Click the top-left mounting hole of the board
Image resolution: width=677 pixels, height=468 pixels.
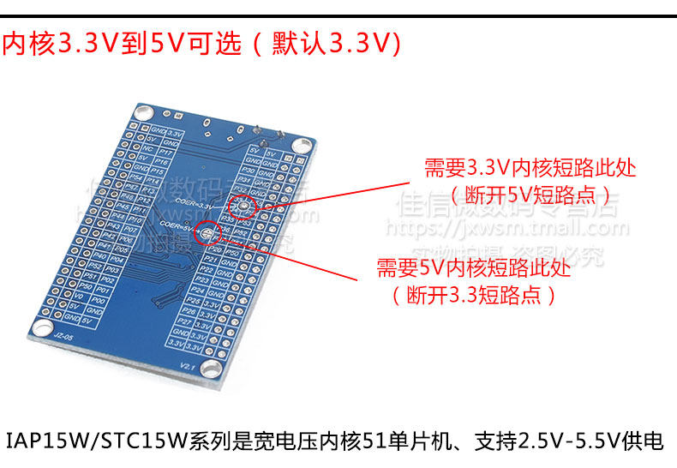(x=145, y=111)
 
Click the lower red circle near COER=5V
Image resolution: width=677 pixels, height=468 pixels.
(x=207, y=231)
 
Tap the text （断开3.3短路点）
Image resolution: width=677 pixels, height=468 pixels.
(x=474, y=296)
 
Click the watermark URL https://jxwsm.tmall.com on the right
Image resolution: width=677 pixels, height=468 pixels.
(x=506, y=229)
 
